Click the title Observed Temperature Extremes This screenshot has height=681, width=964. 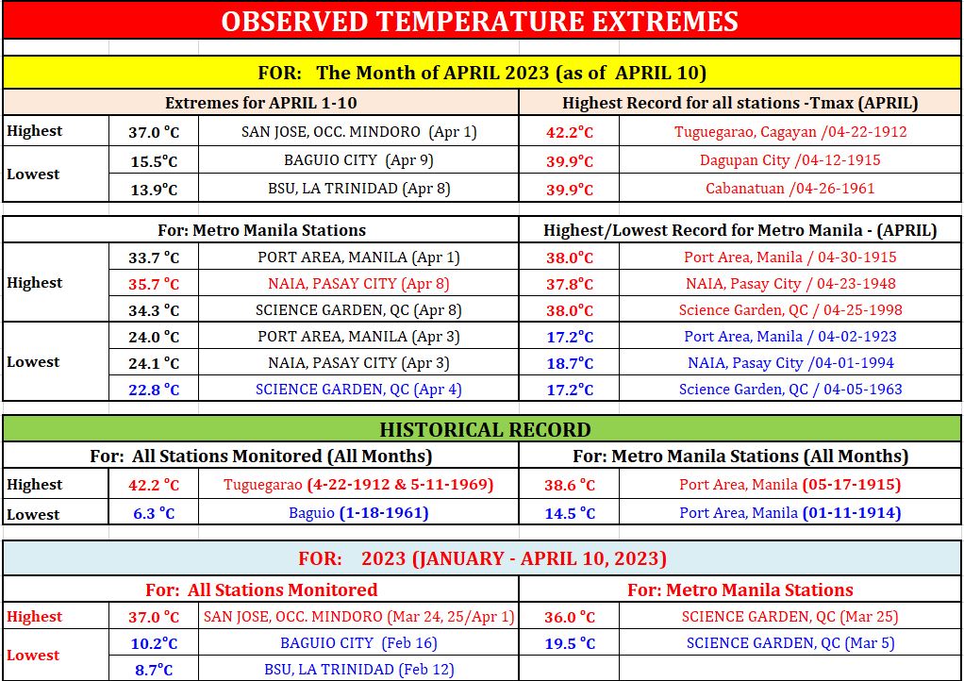click(x=479, y=22)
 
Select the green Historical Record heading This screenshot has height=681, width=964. click(x=485, y=429)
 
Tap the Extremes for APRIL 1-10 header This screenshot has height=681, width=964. click(x=260, y=103)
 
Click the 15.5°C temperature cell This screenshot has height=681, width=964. click(x=154, y=161)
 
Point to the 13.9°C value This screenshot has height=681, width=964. click(x=154, y=190)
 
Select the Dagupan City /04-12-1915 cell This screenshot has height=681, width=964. click(x=790, y=160)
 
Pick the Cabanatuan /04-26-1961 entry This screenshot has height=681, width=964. click(x=790, y=188)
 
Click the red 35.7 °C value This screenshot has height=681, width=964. click(x=154, y=284)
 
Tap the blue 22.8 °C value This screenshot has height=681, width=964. click(x=154, y=390)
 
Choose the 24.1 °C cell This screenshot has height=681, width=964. click(x=154, y=363)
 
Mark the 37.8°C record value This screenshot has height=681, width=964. click(x=570, y=284)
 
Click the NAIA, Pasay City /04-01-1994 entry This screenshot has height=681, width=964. click(x=790, y=362)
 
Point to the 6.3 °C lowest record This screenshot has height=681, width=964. click(x=154, y=512)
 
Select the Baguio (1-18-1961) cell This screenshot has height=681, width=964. click(x=358, y=512)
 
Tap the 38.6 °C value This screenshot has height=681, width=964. click(x=570, y=485)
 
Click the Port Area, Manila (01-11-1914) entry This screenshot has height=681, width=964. click(x=790, y=512)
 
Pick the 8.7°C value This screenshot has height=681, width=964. click(x=154, y=670)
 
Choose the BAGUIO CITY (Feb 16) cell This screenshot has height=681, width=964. click(x=359, y=643)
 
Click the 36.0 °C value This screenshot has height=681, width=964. click(x=570, y=617)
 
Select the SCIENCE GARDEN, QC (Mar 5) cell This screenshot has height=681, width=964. click(x=790, y=643)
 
